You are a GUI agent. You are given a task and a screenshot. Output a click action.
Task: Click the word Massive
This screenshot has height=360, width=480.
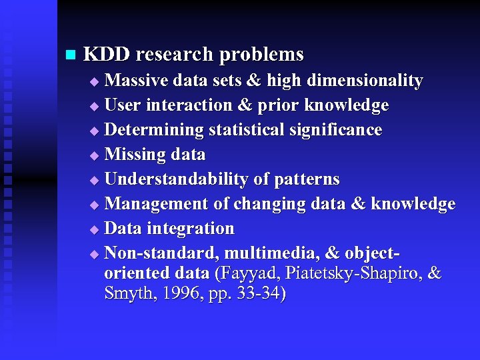137,81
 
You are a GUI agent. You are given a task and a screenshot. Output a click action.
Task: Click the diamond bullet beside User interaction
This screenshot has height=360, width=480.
94,106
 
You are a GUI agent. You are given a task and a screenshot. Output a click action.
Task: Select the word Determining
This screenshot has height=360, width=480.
154,130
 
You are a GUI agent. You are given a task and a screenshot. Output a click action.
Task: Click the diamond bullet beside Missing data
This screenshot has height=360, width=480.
94,155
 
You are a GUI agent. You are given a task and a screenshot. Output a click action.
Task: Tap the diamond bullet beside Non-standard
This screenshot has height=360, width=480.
94,254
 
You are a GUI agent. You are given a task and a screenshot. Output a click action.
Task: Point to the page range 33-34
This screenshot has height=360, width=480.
258,294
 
